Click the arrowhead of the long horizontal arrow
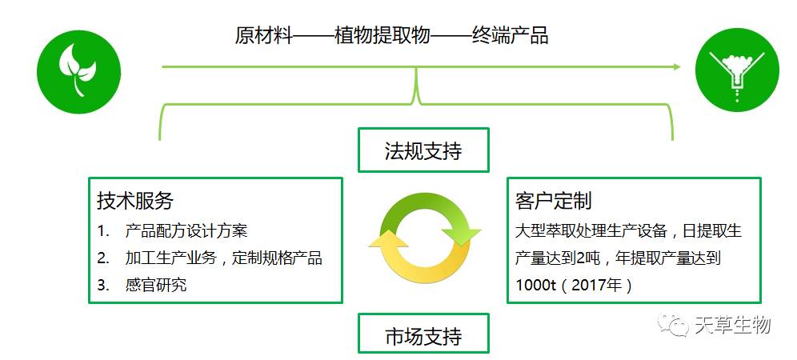click(676, 66)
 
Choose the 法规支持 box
click(423, 150)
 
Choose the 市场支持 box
click(423, 334)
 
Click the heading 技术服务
click(135, 200)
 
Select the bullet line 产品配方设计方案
click(186, 231)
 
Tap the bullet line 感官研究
click(156, 285)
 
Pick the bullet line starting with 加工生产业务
click(224, 258)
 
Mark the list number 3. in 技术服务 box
click(103, 285)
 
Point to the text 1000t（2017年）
click(574, 285)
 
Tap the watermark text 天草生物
click(732, 326)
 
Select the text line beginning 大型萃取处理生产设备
click(628, 231)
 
